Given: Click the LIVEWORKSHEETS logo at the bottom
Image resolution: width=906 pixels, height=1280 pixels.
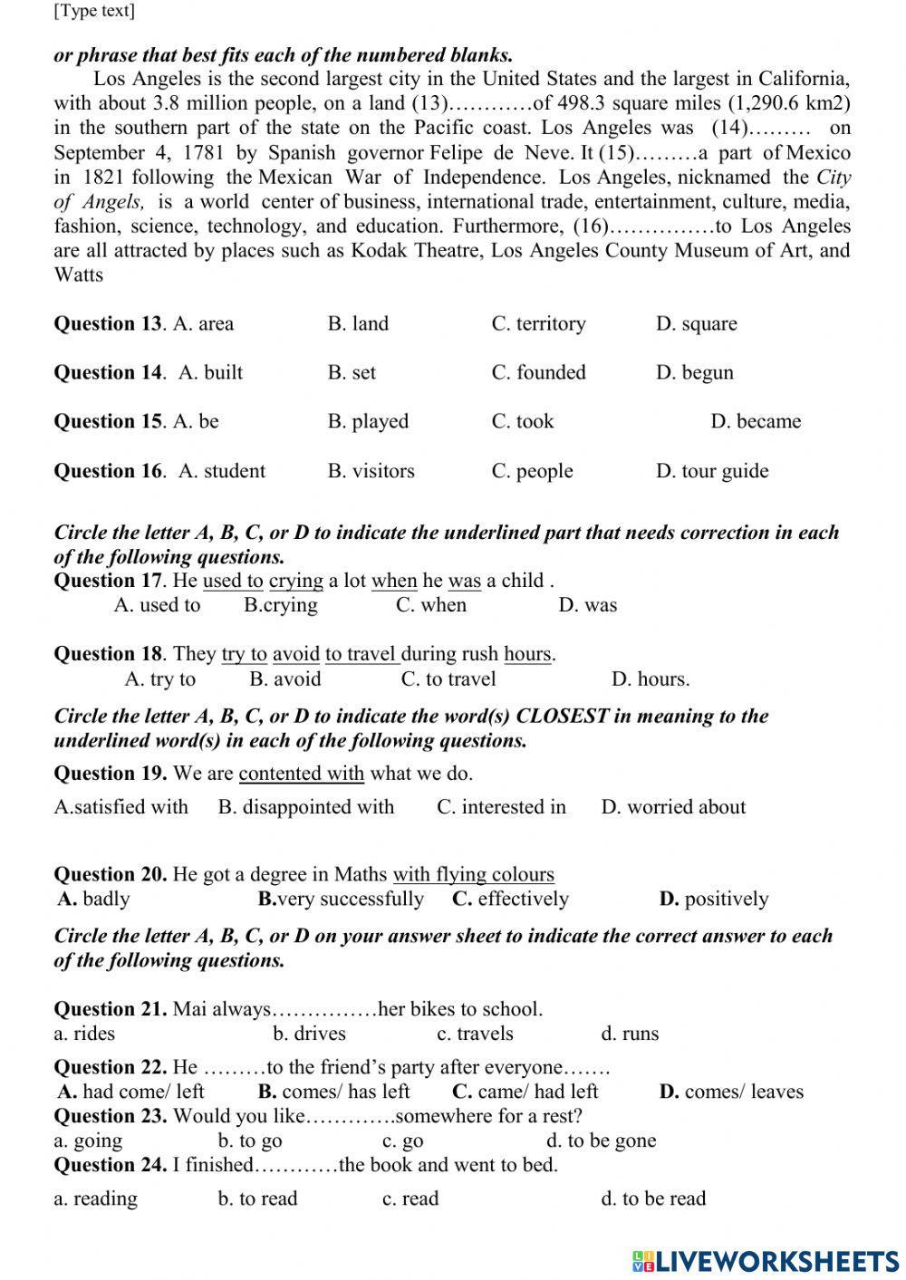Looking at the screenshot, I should click(766, 1260).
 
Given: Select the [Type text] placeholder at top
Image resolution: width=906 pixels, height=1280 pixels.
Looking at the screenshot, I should click(94, 11).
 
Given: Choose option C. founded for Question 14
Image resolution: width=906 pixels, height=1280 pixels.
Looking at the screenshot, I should click(538, 372).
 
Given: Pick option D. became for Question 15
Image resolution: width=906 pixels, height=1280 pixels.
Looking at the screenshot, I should click(756, 421).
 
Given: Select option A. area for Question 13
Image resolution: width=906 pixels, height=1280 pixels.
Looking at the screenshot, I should click(203, 323).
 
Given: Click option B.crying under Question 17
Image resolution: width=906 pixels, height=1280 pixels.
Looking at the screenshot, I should click(281, 605).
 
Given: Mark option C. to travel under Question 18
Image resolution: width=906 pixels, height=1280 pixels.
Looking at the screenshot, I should click(448, 679).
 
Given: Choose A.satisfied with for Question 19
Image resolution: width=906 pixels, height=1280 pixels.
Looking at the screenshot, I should click(120, 807).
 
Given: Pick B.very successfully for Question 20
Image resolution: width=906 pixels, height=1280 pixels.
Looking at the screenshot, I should click(341, 900).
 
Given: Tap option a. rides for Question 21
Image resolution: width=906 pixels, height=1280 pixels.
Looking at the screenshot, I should click(84, 1034).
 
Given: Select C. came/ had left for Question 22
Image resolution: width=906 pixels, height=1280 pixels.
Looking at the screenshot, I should click(525, 1092).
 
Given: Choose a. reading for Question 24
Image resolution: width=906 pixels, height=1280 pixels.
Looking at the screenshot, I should click(95, 1198).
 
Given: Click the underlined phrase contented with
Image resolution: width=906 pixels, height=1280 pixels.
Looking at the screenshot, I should click(302, 774).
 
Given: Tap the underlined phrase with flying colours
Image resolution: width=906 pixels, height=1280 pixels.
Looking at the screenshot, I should click(473, 875).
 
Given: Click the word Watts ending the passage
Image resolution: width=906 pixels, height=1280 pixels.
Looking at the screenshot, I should click(79, 275).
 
